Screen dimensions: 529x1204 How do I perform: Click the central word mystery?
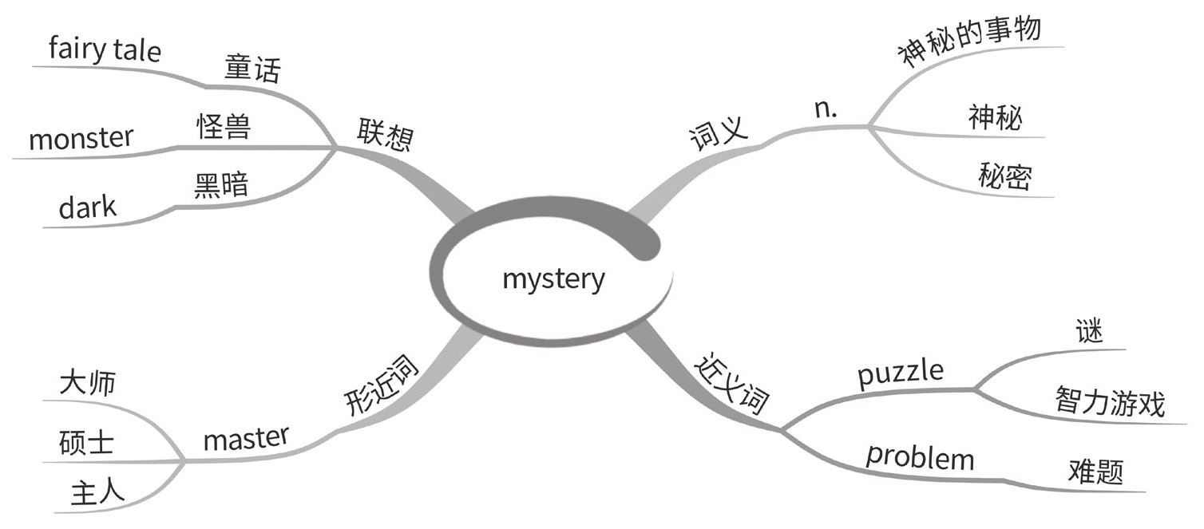pyautogui.click(x=553, y=280)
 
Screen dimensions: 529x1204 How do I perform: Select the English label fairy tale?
pyautogui.click(x=105, y=50)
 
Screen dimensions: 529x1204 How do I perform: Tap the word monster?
pyautogui.click(x=81, y=140)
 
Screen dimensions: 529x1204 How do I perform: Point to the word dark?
pyautogui.click(x=87, y=209)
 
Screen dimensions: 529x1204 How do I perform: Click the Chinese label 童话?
pyautogui.click(x=252, y=70)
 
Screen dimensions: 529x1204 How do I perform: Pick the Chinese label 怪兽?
pyautogui.click(x=224, y=127)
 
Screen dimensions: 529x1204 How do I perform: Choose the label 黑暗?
pyautogui.click(x=221, y=186)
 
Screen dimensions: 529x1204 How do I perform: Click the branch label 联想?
pyautogui.click(x=385, y=136)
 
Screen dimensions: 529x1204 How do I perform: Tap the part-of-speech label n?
pyautogui.click(x=826, y=110)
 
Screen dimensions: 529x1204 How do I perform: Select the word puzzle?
pyautogui.click(x=901, y=373)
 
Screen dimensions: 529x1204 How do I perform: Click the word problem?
pyautogui.click(x=921, y=457)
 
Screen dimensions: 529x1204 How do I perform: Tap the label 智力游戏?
pyautogui.click(x=1110, y=403)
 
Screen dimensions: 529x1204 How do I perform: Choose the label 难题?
pyautogui.click(x=1095, y=472)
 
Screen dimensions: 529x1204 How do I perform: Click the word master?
pyautogui.click(x=246, y=438)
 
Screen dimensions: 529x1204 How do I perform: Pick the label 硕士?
pyautogui.click(x=86, y=442)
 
